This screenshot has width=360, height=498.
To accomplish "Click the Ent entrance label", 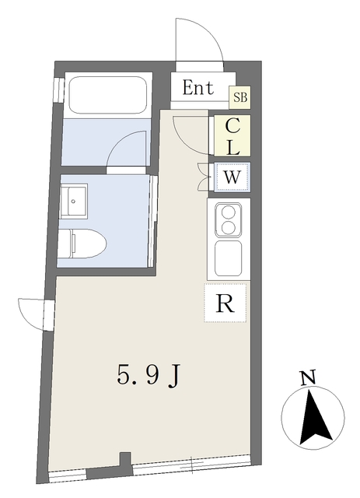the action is [x=198, y=88].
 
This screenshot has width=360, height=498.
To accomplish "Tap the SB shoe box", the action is [x=240, y=96].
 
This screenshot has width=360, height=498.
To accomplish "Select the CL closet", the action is [x=232, y=135].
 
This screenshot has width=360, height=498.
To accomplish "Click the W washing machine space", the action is [x=232, y=177].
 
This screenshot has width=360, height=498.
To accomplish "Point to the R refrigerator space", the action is [x=225, y=303].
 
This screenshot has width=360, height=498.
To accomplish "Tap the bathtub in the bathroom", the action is [x=108, y=95].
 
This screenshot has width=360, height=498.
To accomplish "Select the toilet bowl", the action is [x=82, y=244].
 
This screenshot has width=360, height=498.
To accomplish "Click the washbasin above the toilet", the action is [x=74, y=201].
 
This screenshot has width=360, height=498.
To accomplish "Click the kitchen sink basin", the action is [x=229, y=258].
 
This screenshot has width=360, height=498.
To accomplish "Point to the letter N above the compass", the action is [x=308, y=378].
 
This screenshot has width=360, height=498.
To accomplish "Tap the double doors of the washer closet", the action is [x=203, y=177].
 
